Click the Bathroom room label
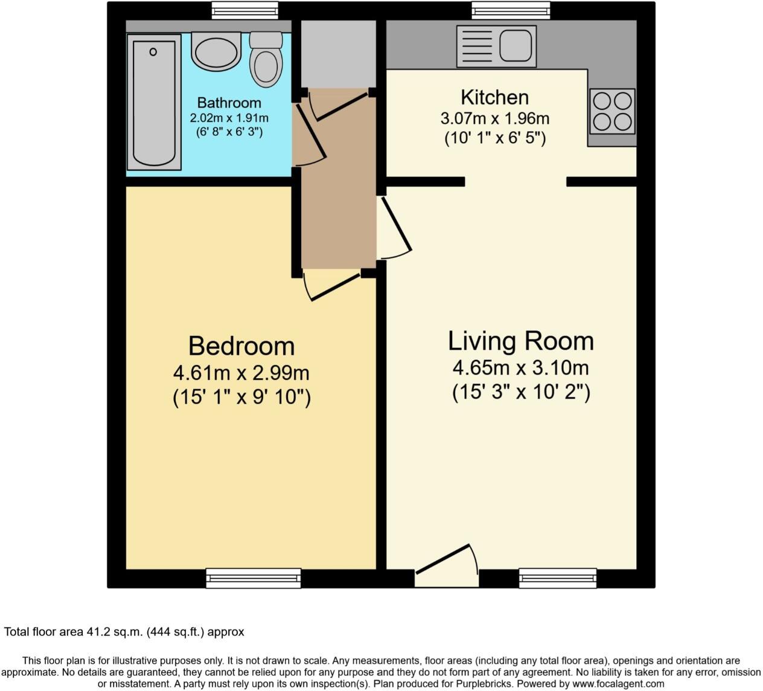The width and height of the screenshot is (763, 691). pos(229,103)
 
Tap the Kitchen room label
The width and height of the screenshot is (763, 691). pos(494,97)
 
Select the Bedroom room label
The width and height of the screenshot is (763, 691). pos(241,346)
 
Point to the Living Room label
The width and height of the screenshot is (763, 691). pos(521,341)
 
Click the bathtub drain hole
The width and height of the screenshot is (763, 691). pos(153,52)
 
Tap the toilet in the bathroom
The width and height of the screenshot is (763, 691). pos(266,59)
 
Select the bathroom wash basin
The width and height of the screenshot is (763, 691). pos(216,51)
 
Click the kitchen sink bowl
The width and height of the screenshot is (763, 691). pos(516,46)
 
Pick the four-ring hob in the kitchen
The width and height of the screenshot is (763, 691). pos(612,112)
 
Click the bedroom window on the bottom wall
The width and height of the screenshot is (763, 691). pos(254,578)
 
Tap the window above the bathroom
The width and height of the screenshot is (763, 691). pos(244,10)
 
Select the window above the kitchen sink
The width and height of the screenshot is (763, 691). pos(511,10)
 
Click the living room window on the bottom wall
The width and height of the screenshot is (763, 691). pos(558,578)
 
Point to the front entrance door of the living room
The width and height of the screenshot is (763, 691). pos(442,559)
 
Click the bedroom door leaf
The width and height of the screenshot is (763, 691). pos(336,287)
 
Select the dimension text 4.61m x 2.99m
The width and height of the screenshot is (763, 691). pos(241,373)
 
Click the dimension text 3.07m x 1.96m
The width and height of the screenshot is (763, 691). pos(495,118)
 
